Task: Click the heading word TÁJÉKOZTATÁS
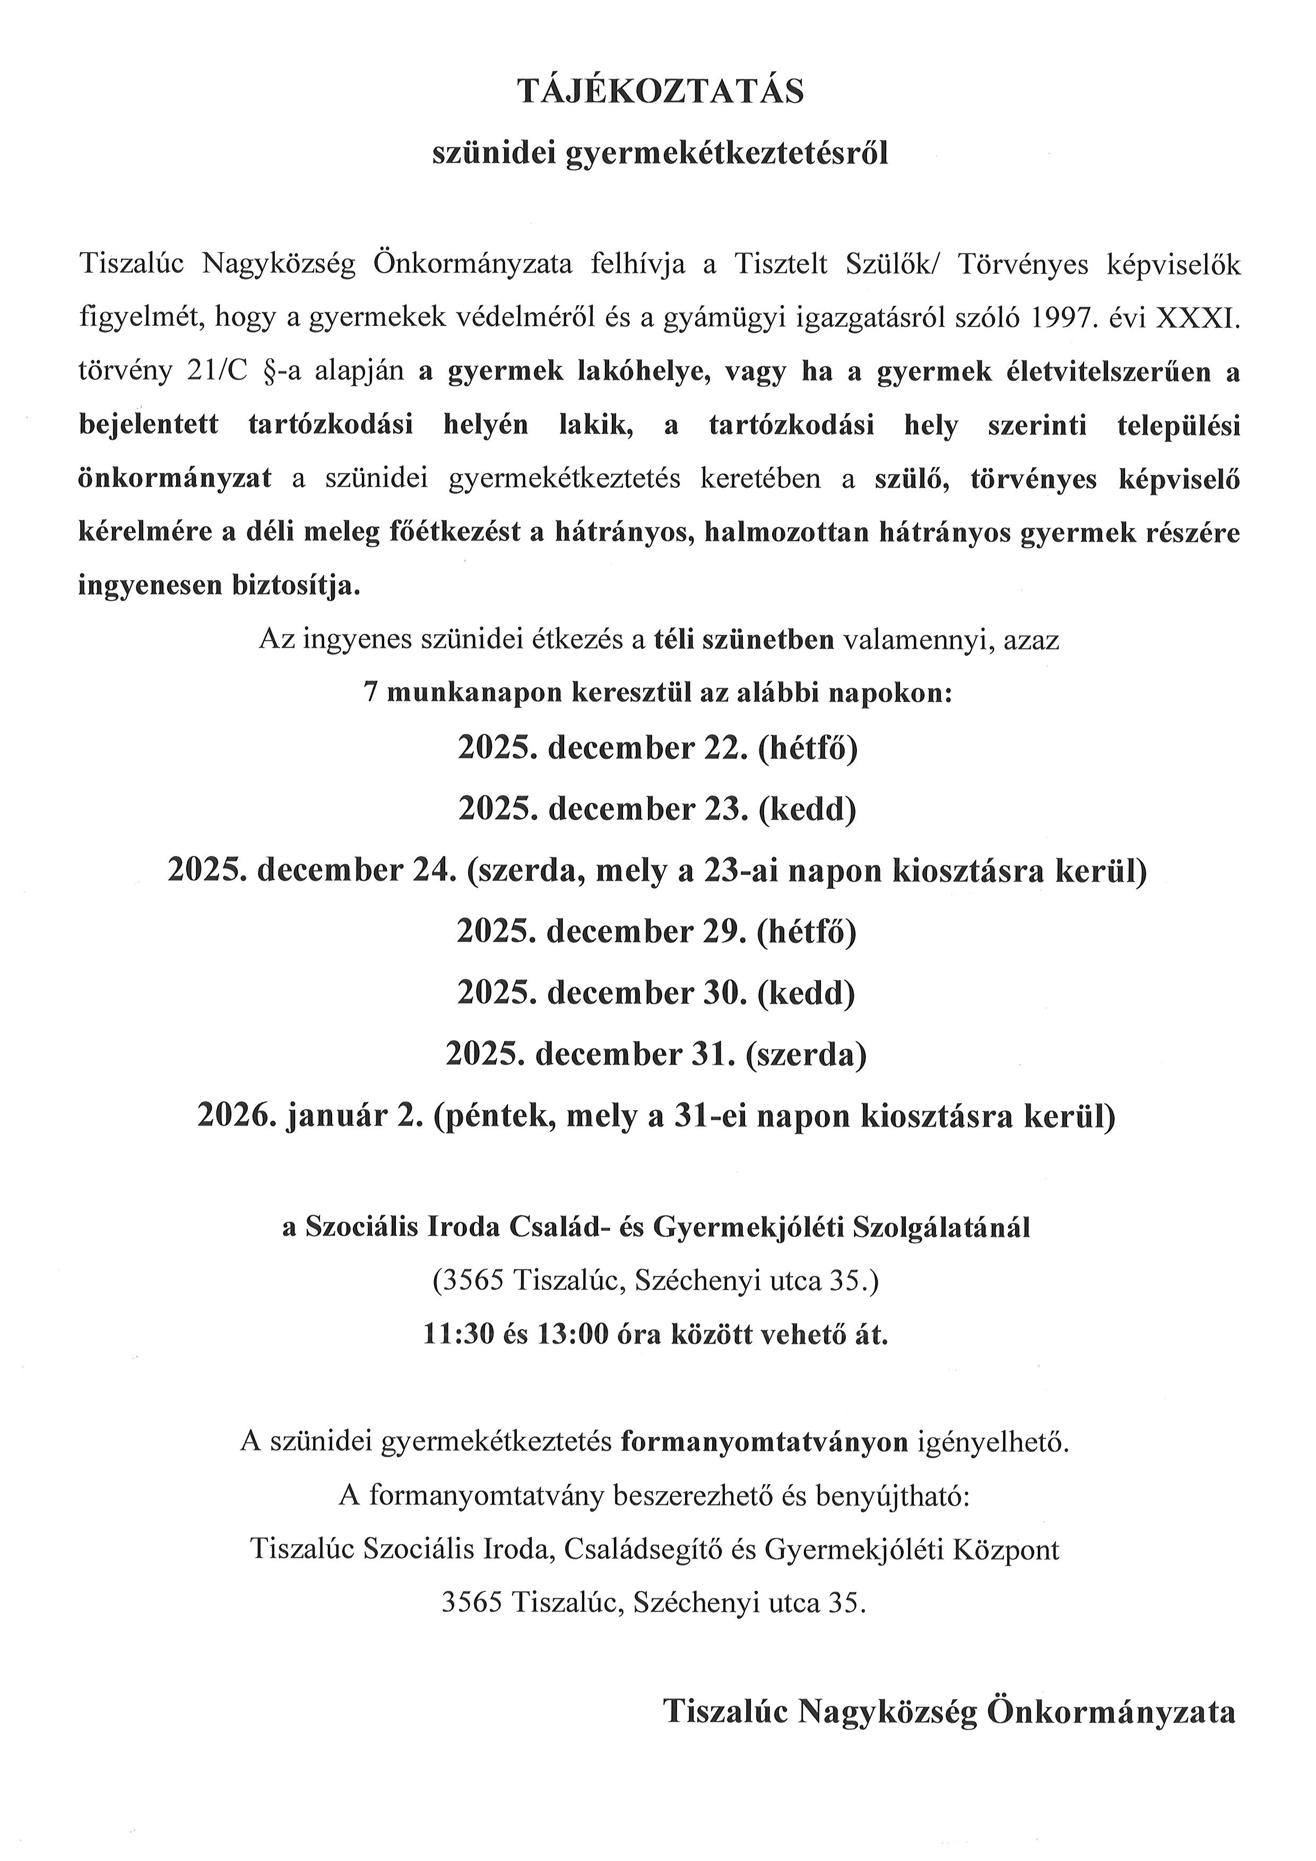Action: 661,92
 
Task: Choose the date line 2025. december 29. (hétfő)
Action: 657,932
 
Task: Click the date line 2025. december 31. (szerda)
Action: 657,1054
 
